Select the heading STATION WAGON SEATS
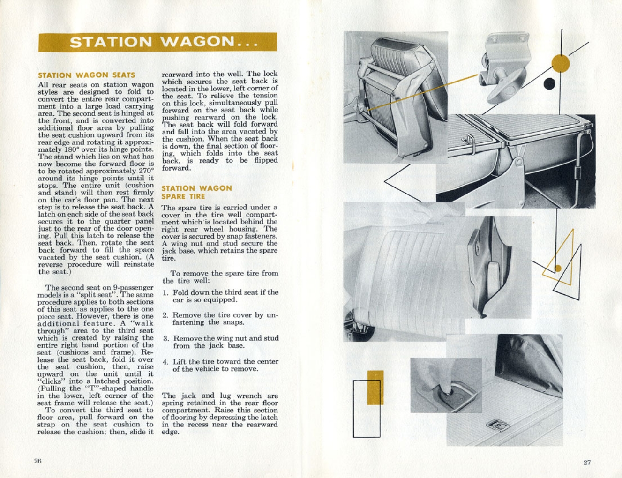86,75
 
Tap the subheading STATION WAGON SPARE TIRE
196,192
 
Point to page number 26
38,461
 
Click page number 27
587,462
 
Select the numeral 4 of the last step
165,362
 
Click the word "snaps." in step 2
235,322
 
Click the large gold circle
560,64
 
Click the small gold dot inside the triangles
558,269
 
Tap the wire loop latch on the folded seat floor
469,141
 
